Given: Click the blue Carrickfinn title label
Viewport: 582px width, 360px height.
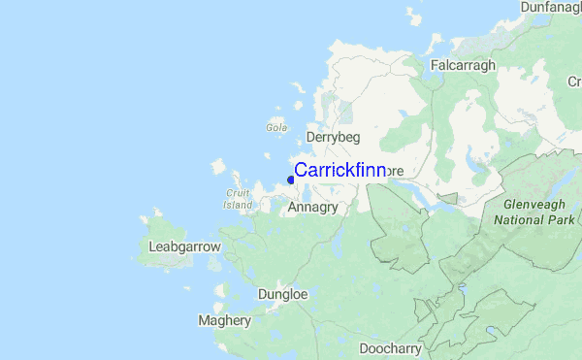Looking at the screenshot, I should (339, 171).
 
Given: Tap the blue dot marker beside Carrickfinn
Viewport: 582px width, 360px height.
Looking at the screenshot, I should (291, 179).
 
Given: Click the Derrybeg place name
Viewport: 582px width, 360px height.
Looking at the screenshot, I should (333, 138).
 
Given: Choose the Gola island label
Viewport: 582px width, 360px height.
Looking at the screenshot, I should (275, 126).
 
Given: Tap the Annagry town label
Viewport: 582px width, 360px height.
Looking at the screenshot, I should (312, 207).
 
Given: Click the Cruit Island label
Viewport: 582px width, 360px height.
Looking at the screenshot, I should (238, 198).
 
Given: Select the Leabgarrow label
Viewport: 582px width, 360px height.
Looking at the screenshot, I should (185, 247).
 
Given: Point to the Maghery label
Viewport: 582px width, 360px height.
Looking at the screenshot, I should (224, 319).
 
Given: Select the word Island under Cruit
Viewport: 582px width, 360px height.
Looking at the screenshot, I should (238, 205).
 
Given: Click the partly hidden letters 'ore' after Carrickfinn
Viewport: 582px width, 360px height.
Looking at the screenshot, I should (395, 171).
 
